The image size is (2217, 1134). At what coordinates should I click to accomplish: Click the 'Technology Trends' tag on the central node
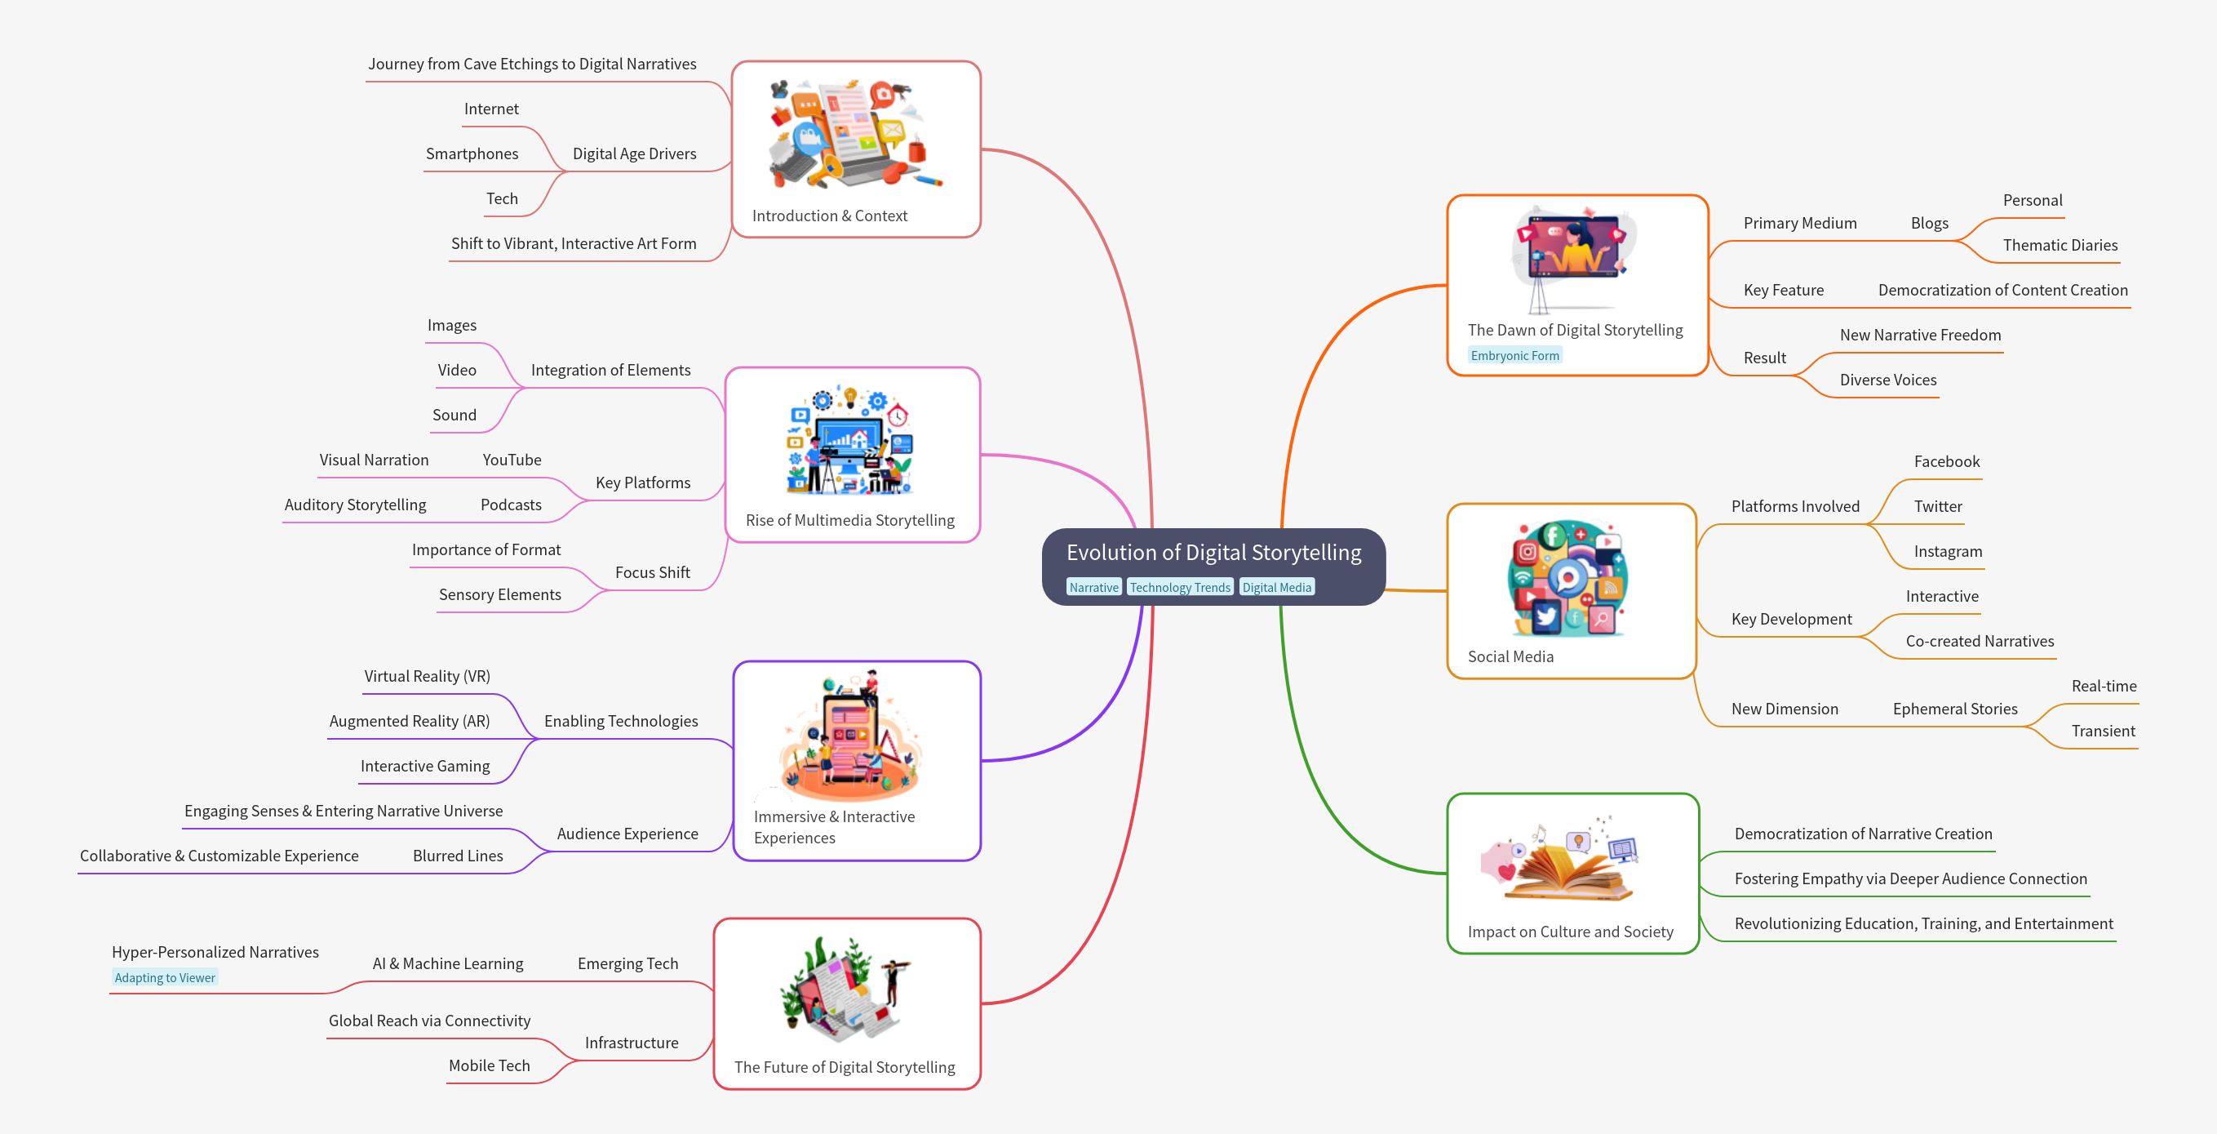point(1179,587)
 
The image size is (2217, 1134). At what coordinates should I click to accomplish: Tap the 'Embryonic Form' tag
point(1514,356)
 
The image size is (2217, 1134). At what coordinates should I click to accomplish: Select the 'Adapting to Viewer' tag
point(164,977)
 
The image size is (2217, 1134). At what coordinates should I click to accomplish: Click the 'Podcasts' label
point(510,505)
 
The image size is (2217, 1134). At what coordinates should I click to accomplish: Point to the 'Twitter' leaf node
point(1937,506)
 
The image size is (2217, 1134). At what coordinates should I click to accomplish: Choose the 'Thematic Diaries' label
point(2060,246)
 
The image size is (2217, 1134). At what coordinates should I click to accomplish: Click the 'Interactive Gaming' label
point(424,766)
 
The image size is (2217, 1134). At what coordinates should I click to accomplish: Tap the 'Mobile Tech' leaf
point(489,1065)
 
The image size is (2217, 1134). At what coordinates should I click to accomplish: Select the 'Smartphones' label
point(472,153)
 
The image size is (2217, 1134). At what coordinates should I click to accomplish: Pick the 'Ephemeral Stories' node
point(1954,709)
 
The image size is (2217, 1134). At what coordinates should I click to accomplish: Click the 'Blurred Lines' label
point(457,856)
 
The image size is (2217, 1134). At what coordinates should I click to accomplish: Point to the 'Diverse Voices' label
point(1887,380)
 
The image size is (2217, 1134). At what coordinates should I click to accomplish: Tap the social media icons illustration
point(1567,578)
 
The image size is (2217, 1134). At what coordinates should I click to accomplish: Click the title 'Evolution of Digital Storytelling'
point(1213,553)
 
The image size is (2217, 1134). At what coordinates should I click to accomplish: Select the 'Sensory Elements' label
point(499,594)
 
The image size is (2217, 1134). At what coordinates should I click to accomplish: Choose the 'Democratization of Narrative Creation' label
point(1862,834)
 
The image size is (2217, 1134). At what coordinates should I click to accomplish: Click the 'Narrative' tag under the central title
point(1093,587)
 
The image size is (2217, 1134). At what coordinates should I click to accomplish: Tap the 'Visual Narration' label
point(374,460)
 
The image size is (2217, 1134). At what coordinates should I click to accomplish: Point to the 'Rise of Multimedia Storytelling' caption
point(849,520)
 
